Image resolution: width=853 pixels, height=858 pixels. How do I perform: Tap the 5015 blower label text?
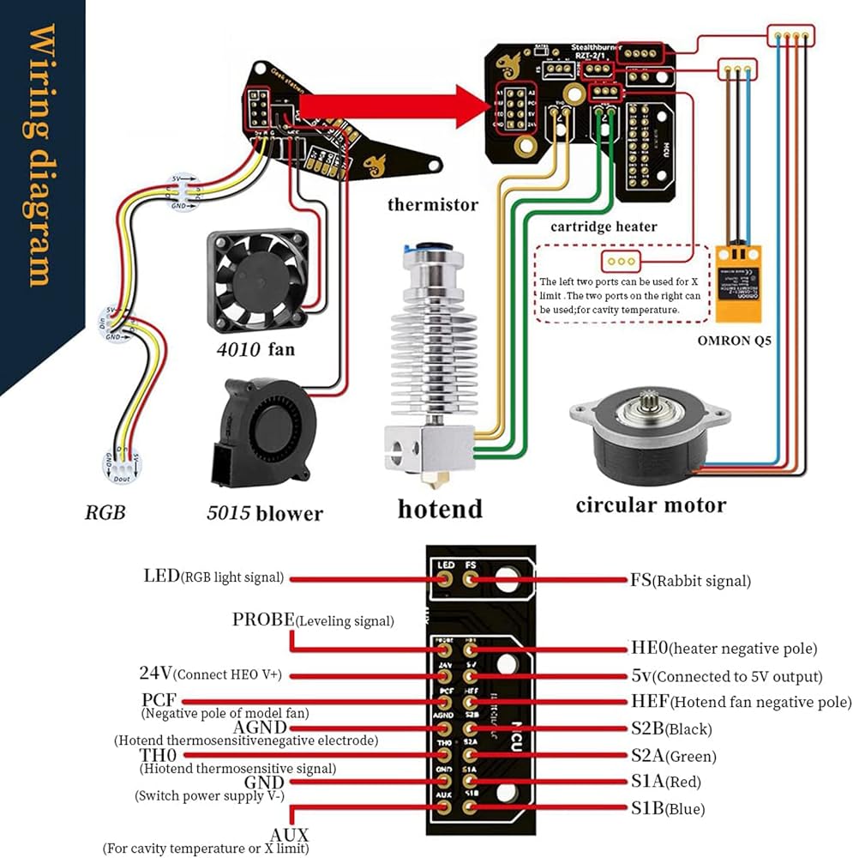(264, 513)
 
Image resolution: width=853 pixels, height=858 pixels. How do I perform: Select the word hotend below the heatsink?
(440, 508)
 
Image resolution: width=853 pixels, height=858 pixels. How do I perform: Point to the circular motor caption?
(650, 505)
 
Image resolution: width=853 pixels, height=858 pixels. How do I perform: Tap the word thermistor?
(433, 204)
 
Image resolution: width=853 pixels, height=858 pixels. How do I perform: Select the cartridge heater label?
(604, 227)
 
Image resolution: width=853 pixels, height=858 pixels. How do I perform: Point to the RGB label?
(105, 512)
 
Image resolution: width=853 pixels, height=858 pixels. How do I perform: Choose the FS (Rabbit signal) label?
(690, 581)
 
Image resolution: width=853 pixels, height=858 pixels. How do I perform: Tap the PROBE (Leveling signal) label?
(313, 619)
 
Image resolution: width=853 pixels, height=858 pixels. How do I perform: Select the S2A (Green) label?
(673, 756)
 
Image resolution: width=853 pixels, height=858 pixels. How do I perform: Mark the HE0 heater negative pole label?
(724, 648)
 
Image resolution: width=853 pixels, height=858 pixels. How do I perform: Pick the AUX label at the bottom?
(290, 835)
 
